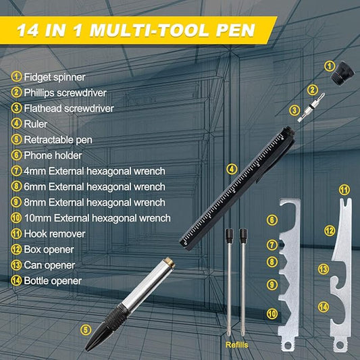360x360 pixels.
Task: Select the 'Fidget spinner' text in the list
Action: (54, 76)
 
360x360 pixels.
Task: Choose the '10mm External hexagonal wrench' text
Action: (97, 217)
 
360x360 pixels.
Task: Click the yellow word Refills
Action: (236, 344)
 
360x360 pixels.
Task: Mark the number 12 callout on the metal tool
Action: (329, 231)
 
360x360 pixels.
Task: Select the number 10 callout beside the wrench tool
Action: (272, 313)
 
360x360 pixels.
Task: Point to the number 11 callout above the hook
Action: (344, 190)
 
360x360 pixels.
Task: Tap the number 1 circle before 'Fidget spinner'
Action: (16, 76)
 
